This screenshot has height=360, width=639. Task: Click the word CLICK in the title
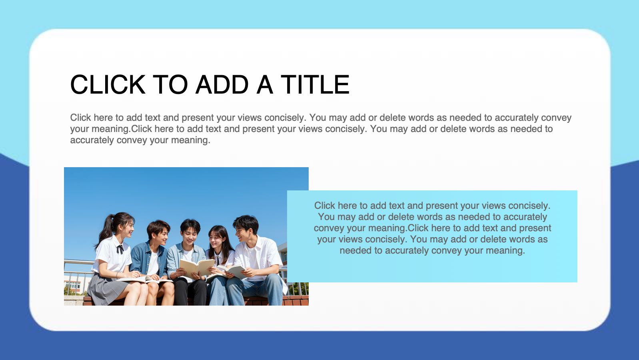click(x=108, y=84)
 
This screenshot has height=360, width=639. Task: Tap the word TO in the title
click(x=170, y=84)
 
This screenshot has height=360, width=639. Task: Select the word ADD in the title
click(x=222, y=84)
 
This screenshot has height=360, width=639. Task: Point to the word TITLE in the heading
click(x=315, y=84)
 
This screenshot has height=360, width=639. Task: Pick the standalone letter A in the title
click(x=265, y=84)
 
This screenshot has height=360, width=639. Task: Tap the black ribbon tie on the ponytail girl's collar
click(x=120, y=249)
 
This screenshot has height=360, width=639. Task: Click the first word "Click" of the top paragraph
click(x=81, y=118)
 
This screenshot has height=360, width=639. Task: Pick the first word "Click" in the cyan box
click(x=325, y=205)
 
